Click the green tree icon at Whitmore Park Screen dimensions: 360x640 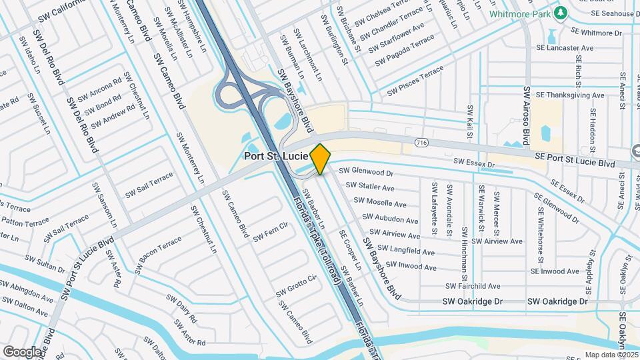561,13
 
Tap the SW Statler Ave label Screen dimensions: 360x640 375,187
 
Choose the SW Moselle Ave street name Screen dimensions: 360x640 380,203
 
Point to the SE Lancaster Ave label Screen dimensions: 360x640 565,49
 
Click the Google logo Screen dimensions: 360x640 22,351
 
